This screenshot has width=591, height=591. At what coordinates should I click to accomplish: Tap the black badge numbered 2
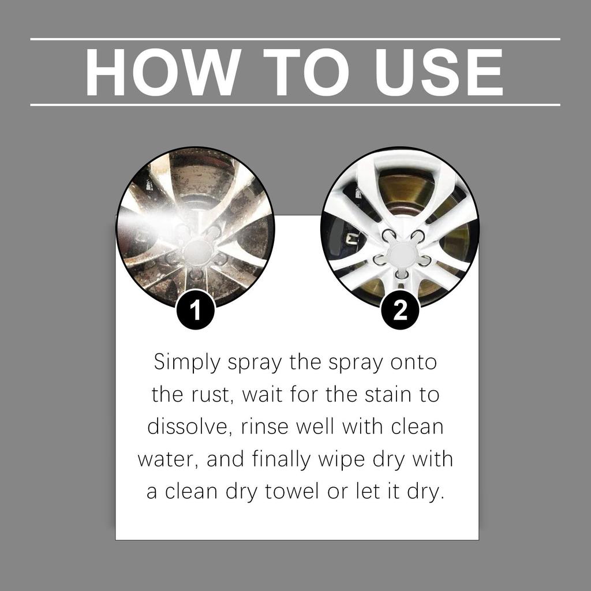click(401, 311)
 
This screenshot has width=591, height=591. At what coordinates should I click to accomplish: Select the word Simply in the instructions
click(187, 363)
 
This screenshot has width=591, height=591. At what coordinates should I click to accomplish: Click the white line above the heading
click(295, 39)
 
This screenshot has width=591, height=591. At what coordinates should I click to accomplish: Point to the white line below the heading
click(295, 105)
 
